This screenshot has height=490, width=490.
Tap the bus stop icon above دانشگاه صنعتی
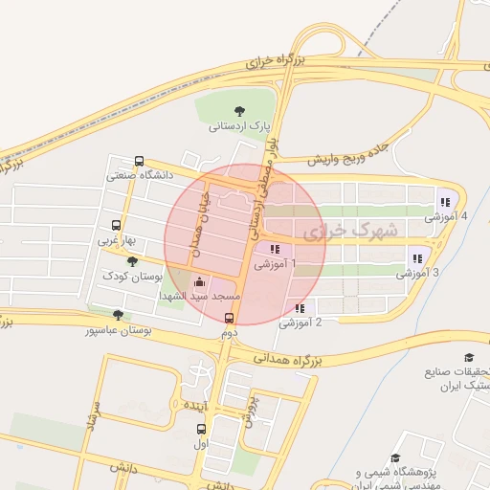pyautogui.click(x=140, y=162)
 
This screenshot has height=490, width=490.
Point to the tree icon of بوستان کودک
pyautogui.click(x=132, y=261)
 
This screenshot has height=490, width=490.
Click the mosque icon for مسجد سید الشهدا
pyautogui.click(x=199, y=281)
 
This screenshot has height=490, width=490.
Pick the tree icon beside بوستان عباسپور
pyautogui.click(x=118, y=315)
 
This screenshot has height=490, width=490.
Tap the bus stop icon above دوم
pyautogui.click(x=229, y=318)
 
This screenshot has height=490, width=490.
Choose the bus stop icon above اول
pyautogui.click(x=201, y=430)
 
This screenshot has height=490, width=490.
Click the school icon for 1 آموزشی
pyautogui.click(x=276, y=250)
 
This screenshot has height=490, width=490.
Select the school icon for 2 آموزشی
pyautogui.click(x=301, y=309)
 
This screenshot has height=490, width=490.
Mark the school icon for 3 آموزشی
pyautogui.click(x=416, y=257)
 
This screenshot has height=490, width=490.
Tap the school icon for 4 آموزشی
pyautogui.click(x=444, y=201)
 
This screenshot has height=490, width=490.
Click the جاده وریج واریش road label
pyautogui.click(x=350, y=156)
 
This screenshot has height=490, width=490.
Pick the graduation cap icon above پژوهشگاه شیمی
pyautogui.click(x=396, y=458)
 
